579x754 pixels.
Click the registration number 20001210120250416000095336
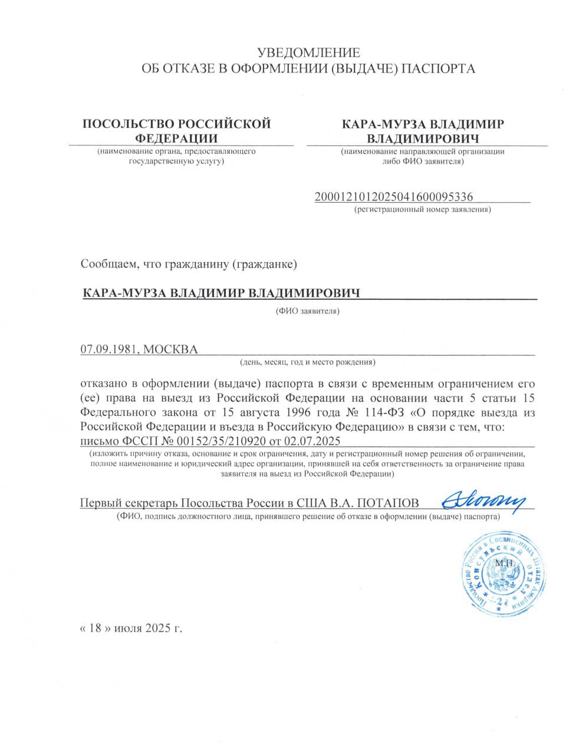tap(394, 197)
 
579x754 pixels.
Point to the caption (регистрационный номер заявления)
tap(422, 209)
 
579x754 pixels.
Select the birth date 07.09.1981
tap(108, 349)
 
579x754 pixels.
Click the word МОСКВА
tap(170, 349)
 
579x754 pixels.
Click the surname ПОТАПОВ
tap(390, 503)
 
